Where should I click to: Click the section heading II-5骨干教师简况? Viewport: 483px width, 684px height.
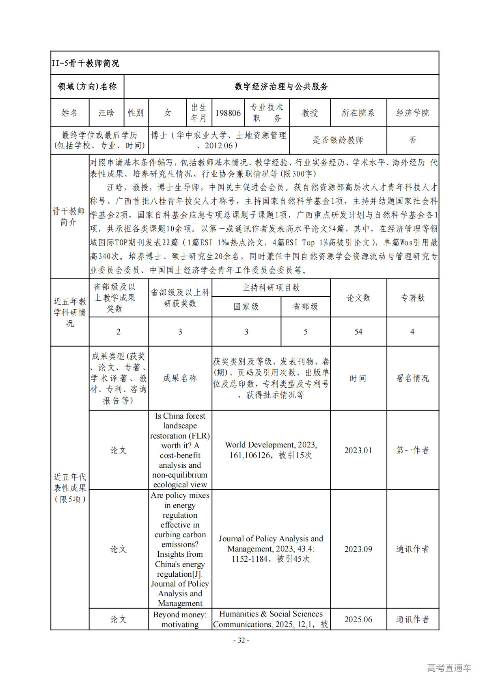[x=85, y=63]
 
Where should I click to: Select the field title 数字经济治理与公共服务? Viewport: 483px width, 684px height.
[x=281, y=87]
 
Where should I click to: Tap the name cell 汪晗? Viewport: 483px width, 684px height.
[x=106, y=113]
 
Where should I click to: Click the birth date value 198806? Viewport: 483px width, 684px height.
[x=228, y=113]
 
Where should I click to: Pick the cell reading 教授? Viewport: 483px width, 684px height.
[x=310, y=113]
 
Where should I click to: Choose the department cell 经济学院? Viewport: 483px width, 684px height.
[x=412, y=113]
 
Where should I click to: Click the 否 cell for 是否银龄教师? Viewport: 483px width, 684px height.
[x=412, y=140]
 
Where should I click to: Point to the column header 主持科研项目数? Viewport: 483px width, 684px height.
[x=271, y=288]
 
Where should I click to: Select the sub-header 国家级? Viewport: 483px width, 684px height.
[x=246, y=307]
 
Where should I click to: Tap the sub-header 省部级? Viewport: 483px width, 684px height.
[x=306, y=307]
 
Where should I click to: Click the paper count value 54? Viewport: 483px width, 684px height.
[x=358, y=332]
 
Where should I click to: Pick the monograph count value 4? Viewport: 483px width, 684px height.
[x=412, y=332]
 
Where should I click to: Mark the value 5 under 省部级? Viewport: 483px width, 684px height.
[x=306, y=332]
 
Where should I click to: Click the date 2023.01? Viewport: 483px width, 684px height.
[x=358, y=450]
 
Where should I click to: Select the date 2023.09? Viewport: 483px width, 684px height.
[x=358, y=549]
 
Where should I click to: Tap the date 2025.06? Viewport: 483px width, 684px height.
[x=358, y=619]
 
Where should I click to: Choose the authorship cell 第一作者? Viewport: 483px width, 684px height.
[x=412, y=450]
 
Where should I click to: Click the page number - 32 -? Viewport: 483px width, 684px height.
[x=241, y=641]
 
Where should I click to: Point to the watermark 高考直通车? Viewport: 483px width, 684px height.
[x=449, y=668]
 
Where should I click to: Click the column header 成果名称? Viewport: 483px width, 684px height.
[x=180, y=378]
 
